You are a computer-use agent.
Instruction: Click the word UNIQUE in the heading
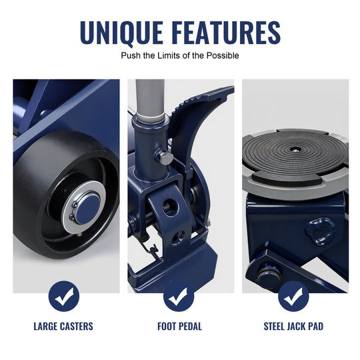point(122,33)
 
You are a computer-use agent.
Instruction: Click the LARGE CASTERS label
point(63,326)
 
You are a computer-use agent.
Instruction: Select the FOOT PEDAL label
point(179,326)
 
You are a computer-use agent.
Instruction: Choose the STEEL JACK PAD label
point(293,326)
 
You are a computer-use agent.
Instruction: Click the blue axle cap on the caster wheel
point(87,209)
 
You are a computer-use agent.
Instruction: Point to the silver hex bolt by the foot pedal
point(166,157)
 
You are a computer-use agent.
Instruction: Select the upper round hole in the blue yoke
point(171,207)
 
